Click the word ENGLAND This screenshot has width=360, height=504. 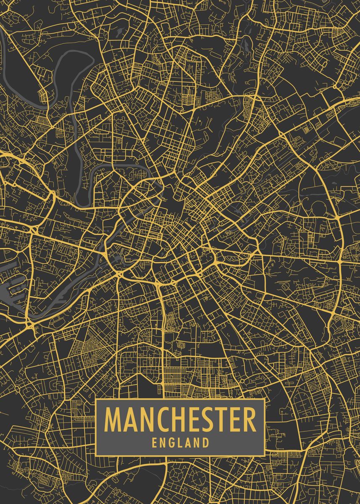click(x=181, y=442)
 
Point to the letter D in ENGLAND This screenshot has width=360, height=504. click(x=205, y=442)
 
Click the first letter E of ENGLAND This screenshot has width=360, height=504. click(x=155, y=442)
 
